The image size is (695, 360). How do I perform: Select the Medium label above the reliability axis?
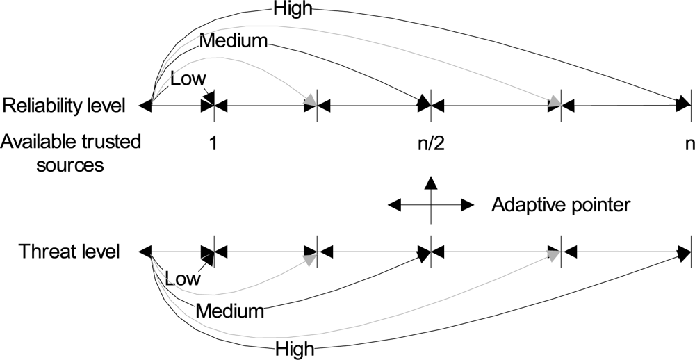tap(233, 41)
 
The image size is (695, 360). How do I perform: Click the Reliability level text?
tap(64, 106)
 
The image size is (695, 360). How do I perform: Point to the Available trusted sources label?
tap(71, 153)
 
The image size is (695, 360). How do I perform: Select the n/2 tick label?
tap(431, 144)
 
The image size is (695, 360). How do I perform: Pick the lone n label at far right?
tap(689, 144)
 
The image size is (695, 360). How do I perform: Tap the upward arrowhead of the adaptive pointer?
tap(431, 183)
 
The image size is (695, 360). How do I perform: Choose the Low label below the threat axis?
tap(183, 279)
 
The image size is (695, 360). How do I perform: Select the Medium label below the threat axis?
tap(230, 311)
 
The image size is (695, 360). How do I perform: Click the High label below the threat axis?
tap(295, 348)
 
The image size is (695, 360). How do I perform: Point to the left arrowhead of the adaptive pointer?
tap(394, 205)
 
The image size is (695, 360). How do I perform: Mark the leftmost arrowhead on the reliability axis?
tap(145, 106)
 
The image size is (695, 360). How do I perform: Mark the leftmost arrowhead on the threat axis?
tap(145, 251)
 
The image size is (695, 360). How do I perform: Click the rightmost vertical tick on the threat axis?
tap(690, 251)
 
